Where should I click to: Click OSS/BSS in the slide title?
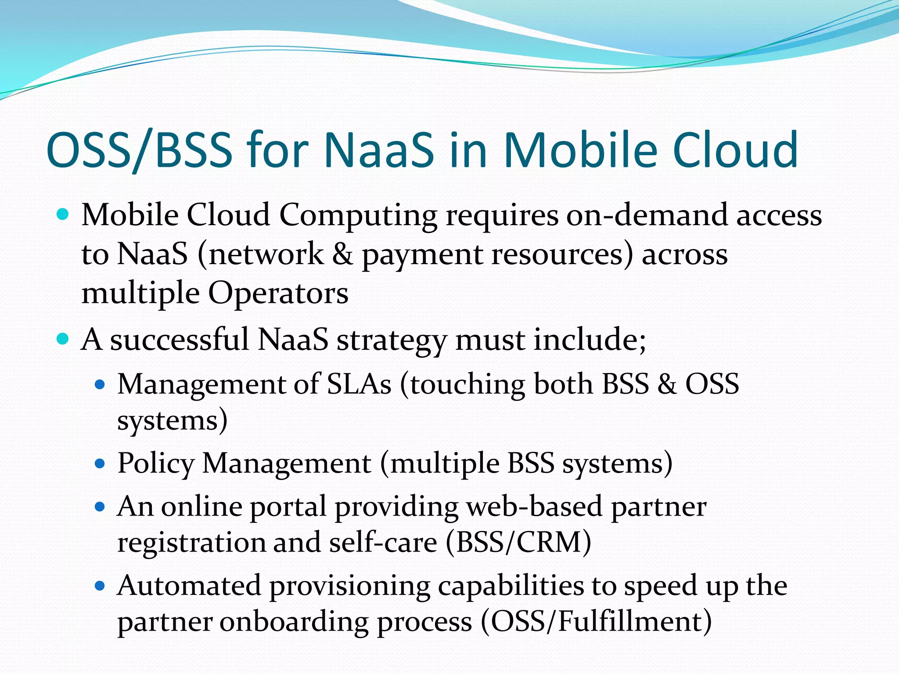(x=139, y=150)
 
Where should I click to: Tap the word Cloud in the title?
(x=735, y=150)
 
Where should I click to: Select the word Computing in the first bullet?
(x=358, y=216)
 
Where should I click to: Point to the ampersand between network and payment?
(x=342, y=254)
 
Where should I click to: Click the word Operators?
(x=278, y=293)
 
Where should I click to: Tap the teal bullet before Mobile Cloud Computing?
(x=63, y=215)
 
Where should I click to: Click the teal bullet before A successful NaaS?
(x=63, y=339)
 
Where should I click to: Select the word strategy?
(x=392, y=341)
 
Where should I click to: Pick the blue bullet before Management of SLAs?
(x=100, y=385)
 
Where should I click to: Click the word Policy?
(x=156, y=464)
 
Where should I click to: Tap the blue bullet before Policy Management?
(x=100, y=463)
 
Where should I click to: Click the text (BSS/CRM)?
(x=518, y=542)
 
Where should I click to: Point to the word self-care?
(x=383, y=542)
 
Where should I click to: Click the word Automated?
(x=189, y=586)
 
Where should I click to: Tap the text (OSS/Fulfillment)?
(x=596, y=622)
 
